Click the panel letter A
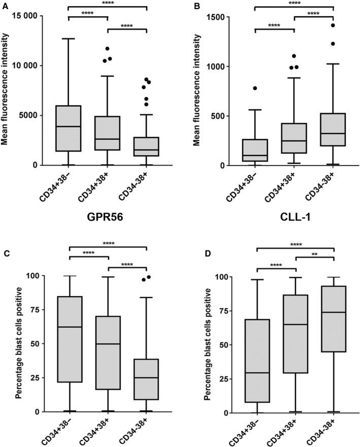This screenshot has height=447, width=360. click(x=4, y=4)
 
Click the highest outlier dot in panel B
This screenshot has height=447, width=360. click(x=334, y=25)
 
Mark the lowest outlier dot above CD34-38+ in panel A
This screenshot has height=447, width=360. click(x=146, y=104)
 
